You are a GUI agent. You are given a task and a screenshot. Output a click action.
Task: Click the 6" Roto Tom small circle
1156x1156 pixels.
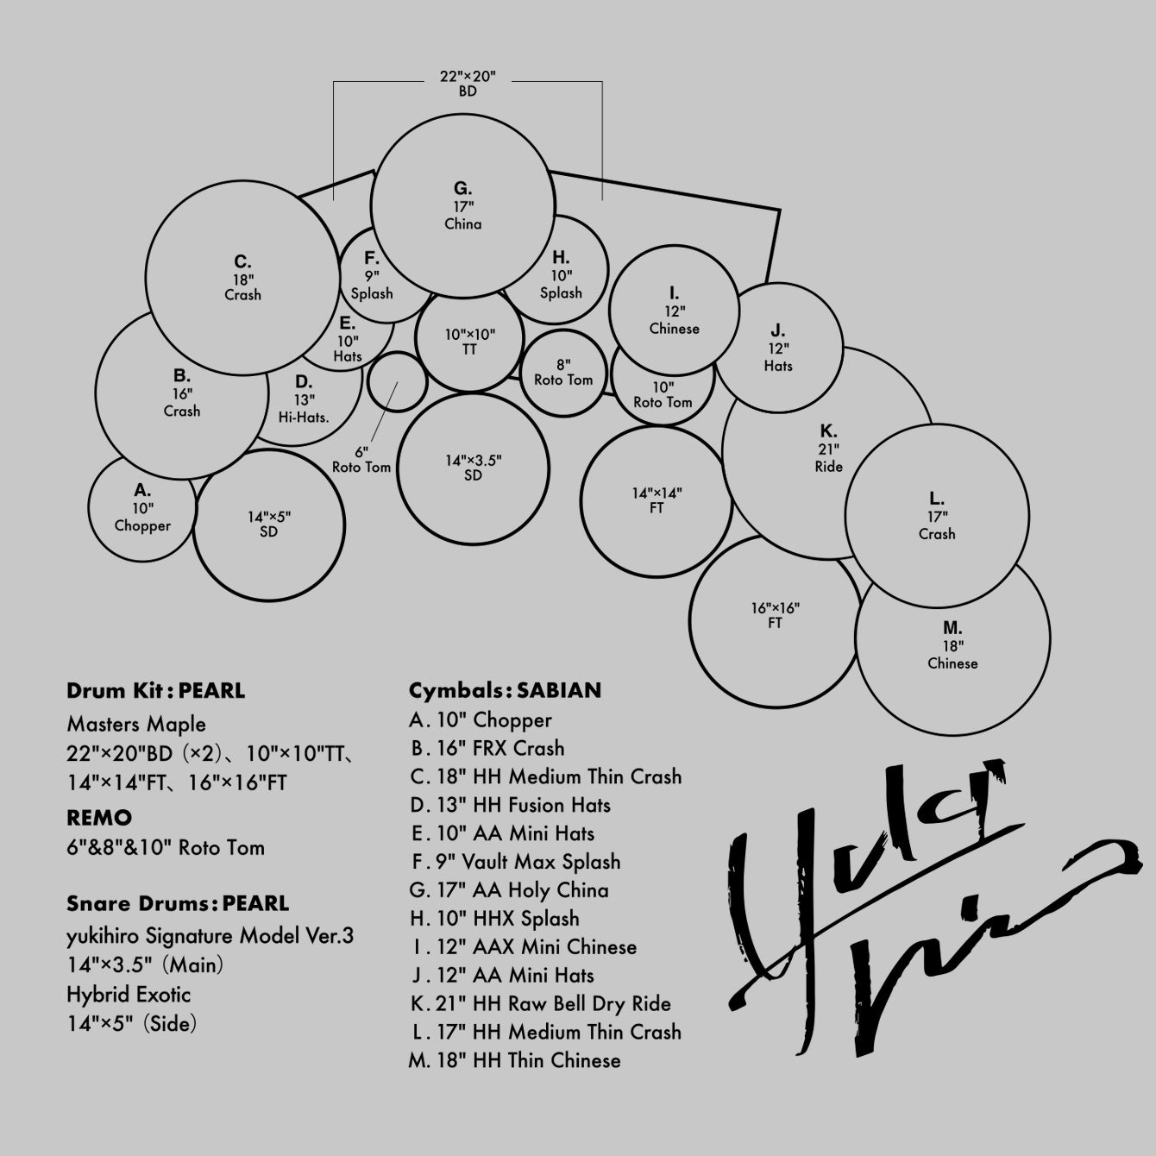397,381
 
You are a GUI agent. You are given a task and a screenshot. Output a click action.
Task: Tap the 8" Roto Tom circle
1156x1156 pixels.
563,373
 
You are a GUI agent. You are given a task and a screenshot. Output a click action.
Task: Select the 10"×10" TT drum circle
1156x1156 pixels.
469,342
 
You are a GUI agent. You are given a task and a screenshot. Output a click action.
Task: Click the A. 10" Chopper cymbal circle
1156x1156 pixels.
142,508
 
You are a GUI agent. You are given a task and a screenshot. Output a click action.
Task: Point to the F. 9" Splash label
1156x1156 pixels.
372,275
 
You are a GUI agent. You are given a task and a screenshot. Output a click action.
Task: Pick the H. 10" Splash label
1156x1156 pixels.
561,274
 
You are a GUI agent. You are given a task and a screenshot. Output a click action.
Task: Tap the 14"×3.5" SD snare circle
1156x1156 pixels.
473,468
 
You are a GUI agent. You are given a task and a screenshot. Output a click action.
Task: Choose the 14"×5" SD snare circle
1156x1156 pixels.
269,525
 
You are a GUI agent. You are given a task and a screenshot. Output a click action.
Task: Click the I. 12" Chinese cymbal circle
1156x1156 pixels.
674,311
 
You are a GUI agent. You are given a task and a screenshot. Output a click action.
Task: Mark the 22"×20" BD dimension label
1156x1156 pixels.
468,84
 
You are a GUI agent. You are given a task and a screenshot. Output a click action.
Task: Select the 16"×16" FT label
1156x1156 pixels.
775,615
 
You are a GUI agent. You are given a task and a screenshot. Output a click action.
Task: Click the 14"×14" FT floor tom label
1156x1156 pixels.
657,500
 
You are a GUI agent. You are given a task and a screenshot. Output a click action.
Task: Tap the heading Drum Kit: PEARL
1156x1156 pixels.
155,691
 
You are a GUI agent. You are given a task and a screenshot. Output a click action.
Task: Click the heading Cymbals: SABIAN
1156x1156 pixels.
505,691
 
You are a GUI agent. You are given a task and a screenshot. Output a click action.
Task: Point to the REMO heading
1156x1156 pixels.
99,818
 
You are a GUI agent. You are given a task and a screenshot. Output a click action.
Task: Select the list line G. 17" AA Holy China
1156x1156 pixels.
509,890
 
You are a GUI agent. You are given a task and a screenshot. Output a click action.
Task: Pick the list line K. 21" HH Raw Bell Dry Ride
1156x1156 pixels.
540,1004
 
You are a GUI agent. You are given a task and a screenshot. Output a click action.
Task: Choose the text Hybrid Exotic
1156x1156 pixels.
129,995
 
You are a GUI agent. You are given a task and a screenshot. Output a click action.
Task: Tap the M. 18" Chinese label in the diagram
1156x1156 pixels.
952,645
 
